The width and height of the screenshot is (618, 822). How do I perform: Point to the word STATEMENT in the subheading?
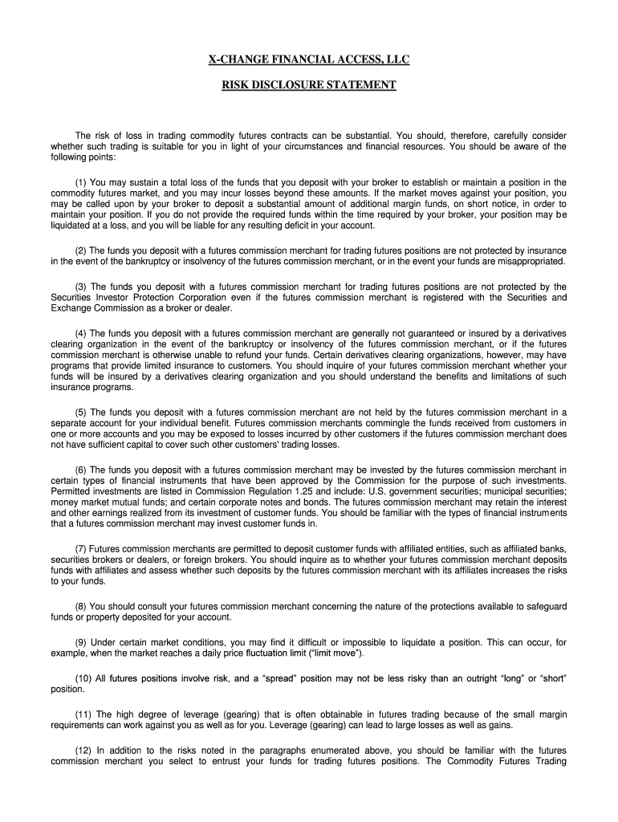point(361,83)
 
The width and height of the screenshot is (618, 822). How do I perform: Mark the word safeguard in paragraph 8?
point(539,606)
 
